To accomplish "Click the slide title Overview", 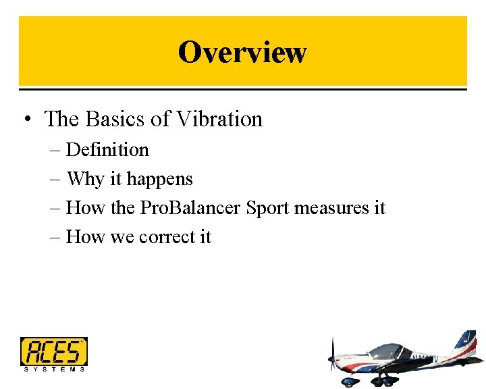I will (242, 51).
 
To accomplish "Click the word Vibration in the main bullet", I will (219, 119).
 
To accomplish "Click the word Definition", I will (107, 149).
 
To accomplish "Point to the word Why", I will (86, 179).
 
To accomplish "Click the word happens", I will (160, 179).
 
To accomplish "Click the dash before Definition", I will (54, 150).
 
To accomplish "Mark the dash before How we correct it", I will (54, 238).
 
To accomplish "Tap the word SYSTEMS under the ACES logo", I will (54, 369).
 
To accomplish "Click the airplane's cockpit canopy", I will (388, 351).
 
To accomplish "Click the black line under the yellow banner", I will (242, 87).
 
